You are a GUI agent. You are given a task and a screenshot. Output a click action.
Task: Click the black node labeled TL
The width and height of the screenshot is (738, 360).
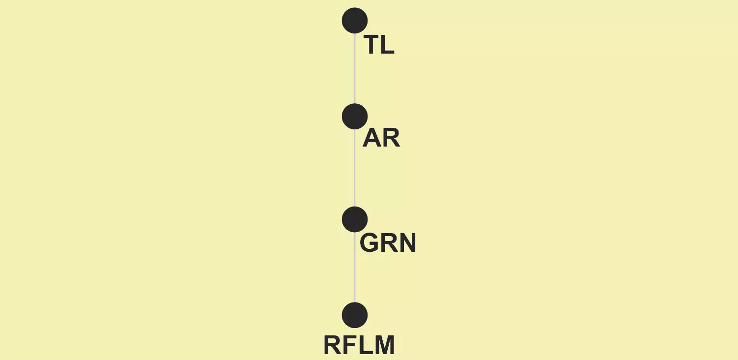click(x=355, y=21)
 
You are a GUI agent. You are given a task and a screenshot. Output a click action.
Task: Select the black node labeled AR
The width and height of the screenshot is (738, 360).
click(x=355, y=116)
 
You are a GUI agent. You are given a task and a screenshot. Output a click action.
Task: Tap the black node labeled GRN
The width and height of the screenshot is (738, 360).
click(x=355, y=219)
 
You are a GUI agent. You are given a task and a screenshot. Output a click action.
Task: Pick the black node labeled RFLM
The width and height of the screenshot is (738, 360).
click(x=355, y=315)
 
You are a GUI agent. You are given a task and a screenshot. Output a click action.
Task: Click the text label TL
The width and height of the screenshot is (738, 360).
click(x=379, y=45)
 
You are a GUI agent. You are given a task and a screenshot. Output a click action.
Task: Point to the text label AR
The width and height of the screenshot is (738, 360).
click(x=381, y=138)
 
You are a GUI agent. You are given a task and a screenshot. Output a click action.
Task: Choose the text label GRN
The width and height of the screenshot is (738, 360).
click(x=388, y=243)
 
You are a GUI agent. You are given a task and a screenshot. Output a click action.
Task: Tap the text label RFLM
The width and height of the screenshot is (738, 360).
click(x=359, y=345)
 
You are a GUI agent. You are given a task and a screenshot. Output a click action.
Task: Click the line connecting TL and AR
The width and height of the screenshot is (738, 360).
click(x=355, y=68)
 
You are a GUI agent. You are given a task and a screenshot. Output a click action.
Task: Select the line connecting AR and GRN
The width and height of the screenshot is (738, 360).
click(x=355, y=168)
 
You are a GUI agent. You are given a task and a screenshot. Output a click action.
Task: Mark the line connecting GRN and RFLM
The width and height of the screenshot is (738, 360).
click(x=355, y=268)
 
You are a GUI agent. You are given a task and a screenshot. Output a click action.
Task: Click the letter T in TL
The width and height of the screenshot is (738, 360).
click(x=371, y=45)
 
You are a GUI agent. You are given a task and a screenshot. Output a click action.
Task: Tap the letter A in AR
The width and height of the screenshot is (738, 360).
click(x=371, y=138)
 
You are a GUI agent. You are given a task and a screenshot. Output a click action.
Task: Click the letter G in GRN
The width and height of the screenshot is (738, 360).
click(x=369, y=243)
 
